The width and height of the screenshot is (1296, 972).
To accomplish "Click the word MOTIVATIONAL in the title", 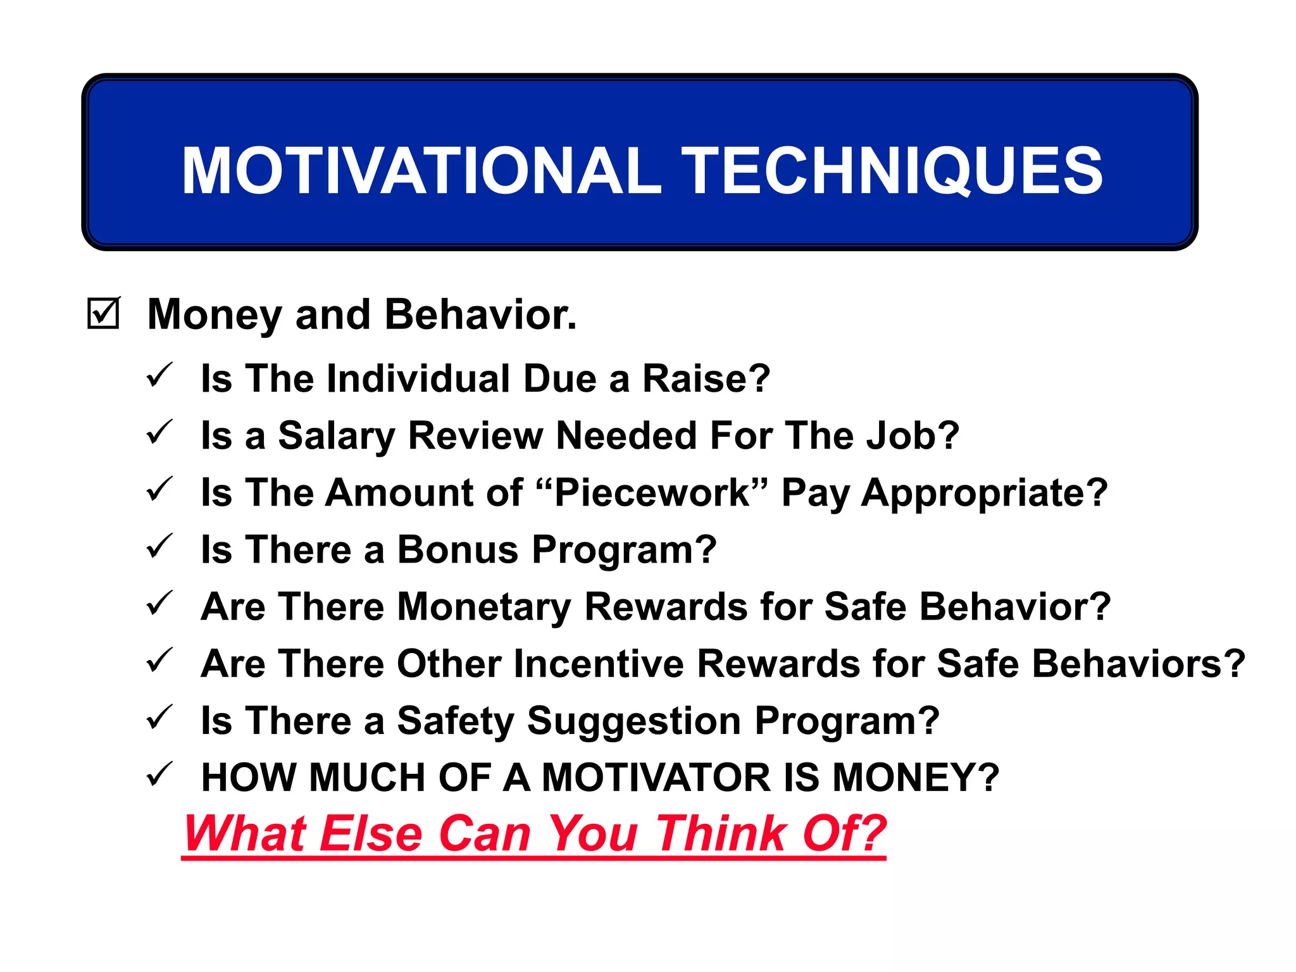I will click(421, 171).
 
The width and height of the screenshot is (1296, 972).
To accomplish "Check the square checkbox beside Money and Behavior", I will click(103, 314).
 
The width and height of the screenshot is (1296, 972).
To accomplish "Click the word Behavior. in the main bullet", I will click(480, 315).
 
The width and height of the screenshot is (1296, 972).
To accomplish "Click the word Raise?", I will click(706, 378).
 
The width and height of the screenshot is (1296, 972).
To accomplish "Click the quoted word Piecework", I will click(651, 492).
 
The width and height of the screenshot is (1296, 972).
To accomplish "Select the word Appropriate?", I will click(984, 494).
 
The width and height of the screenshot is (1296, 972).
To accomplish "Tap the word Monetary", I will click(483, 607).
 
